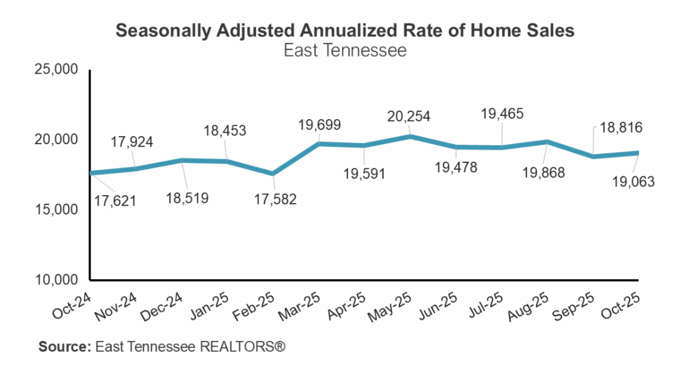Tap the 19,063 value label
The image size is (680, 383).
coord(634,182)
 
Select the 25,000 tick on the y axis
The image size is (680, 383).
coord(57,70)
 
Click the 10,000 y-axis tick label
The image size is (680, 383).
coord(57,280)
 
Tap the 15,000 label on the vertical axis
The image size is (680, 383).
coord(57,210)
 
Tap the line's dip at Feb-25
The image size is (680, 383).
coord(273,174)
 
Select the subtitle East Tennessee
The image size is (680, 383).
coord(345,50)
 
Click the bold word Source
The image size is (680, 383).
coord(64,346)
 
